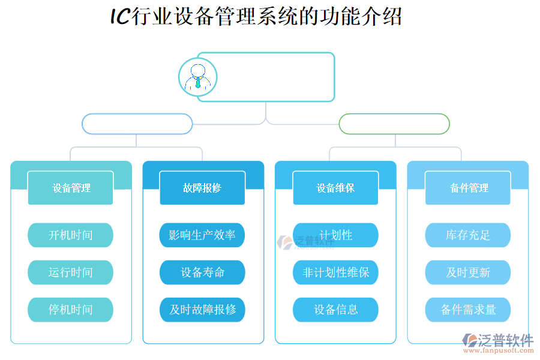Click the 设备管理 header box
coord(71,188)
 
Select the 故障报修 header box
coord(202,188)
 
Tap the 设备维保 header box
coord(335,188)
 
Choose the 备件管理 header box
coord(468,188)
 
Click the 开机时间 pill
coord(70,235)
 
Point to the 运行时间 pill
coord(70,272)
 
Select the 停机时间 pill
coord(70,310)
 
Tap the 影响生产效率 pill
coord(202,235)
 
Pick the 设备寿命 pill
coord(202,272)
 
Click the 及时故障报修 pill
coord(202,310)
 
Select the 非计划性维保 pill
coord(335,272)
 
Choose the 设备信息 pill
coord(335,310)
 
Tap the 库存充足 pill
coord(468,235)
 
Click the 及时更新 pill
coord(468,272)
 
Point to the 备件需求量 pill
coord(468,310)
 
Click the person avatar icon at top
coord(197,77)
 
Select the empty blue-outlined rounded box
coord(137,124)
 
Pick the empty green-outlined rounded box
coord(394,124)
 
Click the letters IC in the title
coord(119,17)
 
